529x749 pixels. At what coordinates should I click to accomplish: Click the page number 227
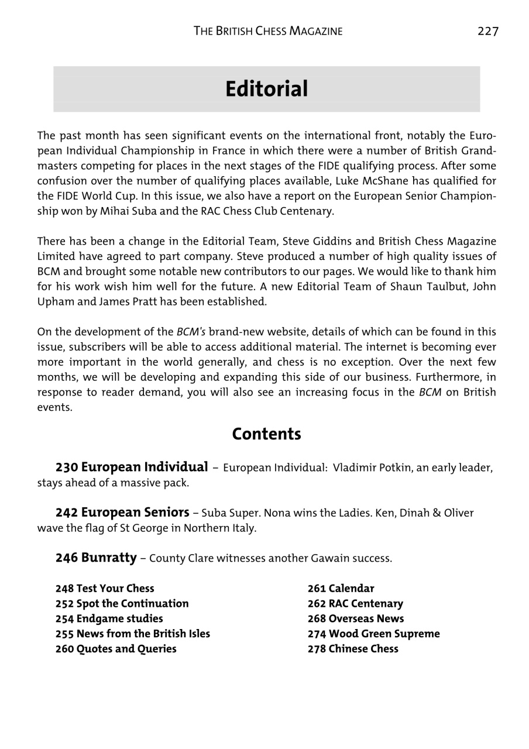(x=487, y=31)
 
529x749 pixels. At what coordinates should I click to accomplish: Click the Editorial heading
(x=266, y=89)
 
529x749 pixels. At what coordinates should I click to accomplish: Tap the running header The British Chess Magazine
(x=268, y=31)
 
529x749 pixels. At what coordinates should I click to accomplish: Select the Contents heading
(x=266, y=434)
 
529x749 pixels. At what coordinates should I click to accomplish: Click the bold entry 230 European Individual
(x=132, y=468)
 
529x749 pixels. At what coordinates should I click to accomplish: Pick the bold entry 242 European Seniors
(x=122, y=513)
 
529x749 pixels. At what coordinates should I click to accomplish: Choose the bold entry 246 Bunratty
(x=96, y=558)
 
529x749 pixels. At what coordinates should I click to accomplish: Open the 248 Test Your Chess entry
(x=105, y=589)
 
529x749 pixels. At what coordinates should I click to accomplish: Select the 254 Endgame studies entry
(x=109, y=619)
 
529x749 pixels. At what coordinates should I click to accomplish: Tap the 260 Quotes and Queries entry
(x=116, y=649)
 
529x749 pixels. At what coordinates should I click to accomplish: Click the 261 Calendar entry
(x=341, y=589)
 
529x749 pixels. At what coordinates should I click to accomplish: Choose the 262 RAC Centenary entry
(x=355, y=604)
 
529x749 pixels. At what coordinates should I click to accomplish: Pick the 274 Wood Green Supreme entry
(x=373, y=634)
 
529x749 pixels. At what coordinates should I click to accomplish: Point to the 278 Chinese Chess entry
(x=353, y=649)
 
